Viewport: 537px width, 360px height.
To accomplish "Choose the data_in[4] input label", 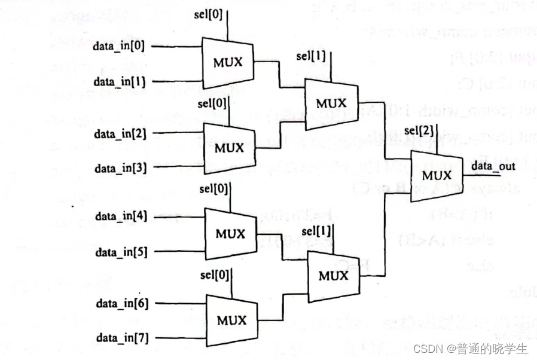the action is click(120, 216).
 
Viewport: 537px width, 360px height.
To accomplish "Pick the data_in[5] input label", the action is click(120, 251).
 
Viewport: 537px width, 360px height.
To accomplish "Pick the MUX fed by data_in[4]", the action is click(231, 234).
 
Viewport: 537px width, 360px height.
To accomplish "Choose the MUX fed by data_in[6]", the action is click(231, 321).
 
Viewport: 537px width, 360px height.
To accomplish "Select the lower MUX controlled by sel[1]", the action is click(333, 276).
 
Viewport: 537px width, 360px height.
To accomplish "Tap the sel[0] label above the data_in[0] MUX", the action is click(210, 14).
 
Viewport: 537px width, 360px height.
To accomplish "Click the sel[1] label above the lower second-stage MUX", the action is click(316, 231).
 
